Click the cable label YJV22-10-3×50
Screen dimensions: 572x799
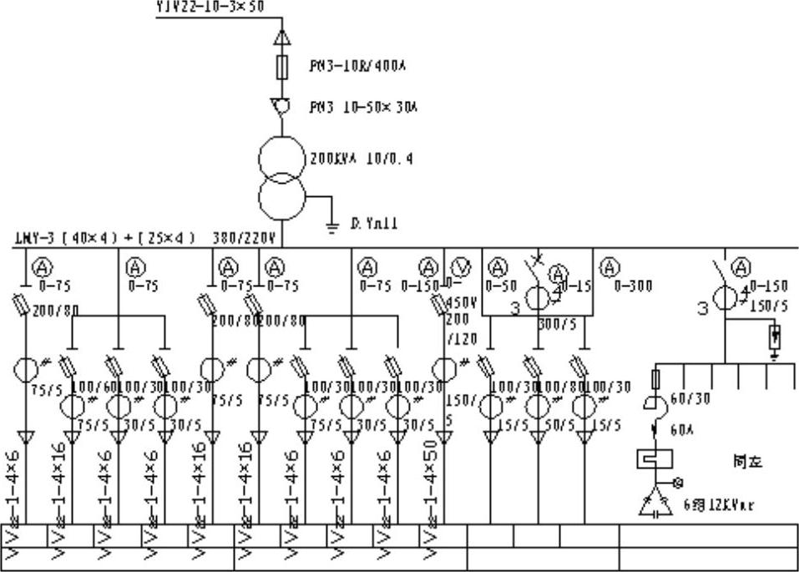click(x=210, y=7)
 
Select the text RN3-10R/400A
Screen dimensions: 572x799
click(x=346, y=64)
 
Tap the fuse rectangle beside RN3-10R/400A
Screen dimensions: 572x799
click(x=283, y=66)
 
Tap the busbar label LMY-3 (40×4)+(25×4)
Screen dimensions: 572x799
click(x=104, y=239)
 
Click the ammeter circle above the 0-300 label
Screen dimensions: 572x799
click(x=611, y=267)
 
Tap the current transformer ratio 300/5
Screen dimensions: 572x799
click(x=553, y=322)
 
